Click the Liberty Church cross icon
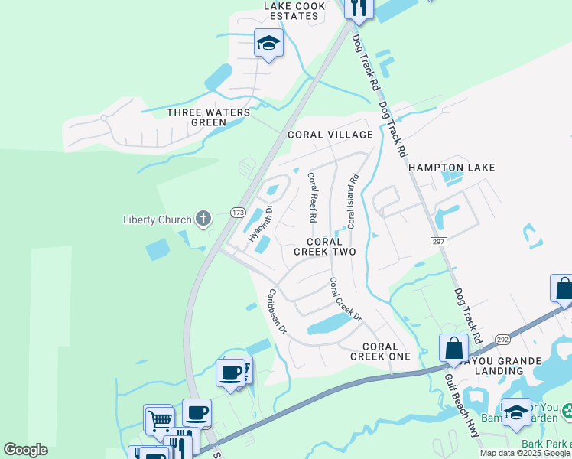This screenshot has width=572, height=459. (x=203, y=220)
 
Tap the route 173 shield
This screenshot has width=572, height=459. (x=238, y=212)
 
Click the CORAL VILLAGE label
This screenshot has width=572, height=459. (x=330, y=135)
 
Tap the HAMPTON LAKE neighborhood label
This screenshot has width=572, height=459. (x=451, y=167)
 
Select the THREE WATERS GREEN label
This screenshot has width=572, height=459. (x=209, y=117)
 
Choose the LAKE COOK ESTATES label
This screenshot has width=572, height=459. (x=294, y=10)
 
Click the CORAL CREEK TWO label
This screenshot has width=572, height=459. (x=326, y=246)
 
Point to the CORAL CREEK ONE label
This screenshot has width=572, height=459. (x=380, y=351)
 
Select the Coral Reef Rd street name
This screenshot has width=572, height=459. (x=312, y=197)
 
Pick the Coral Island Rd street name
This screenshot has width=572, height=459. (x=353, y=202)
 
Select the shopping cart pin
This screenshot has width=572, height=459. (x=158, y=418)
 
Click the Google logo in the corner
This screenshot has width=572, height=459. (x=25, y=450)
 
